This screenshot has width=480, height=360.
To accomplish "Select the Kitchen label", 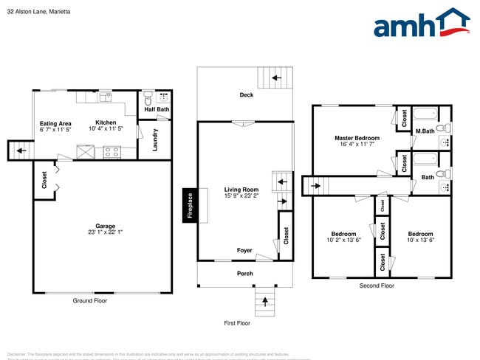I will pos(106,122).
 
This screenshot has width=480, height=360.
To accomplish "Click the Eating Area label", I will pos(55,123).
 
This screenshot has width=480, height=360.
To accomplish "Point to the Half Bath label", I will pos(157,110).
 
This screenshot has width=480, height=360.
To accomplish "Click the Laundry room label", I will pos(155,140).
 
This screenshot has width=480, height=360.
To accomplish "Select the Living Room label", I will pos(241,190).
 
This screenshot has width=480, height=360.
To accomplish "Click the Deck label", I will pos(247,95).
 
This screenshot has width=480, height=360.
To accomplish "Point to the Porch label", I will pos(244,274).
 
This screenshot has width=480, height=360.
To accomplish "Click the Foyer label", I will pos(244,251).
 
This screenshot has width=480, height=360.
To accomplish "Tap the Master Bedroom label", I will pos(357,138).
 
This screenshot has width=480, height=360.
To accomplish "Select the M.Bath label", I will pos(424,131).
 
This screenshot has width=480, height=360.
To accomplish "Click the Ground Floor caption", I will pos(90,300).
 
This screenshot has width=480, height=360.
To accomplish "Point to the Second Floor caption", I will pos(377,285).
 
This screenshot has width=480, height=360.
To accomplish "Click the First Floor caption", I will pos(238,323).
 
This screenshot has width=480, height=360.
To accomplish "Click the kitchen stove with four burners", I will pos(112,153).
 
